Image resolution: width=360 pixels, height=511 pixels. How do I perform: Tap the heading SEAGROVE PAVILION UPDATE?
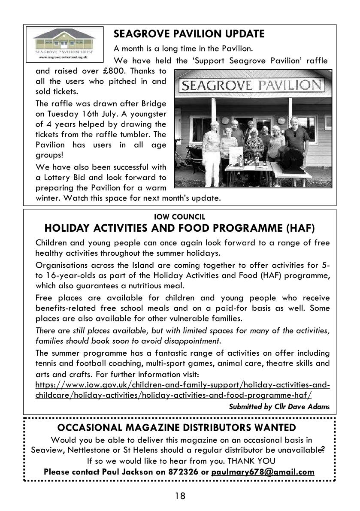tap(189, 33)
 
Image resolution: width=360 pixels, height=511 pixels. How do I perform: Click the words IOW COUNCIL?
tap(179, 217)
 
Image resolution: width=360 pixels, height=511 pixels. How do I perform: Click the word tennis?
tap(47, 363)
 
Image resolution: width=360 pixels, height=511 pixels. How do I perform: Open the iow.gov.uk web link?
tap(182, 390)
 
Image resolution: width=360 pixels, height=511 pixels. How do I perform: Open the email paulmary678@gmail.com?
tap(263, 472)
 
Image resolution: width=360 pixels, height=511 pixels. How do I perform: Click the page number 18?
tap(180, 496)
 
